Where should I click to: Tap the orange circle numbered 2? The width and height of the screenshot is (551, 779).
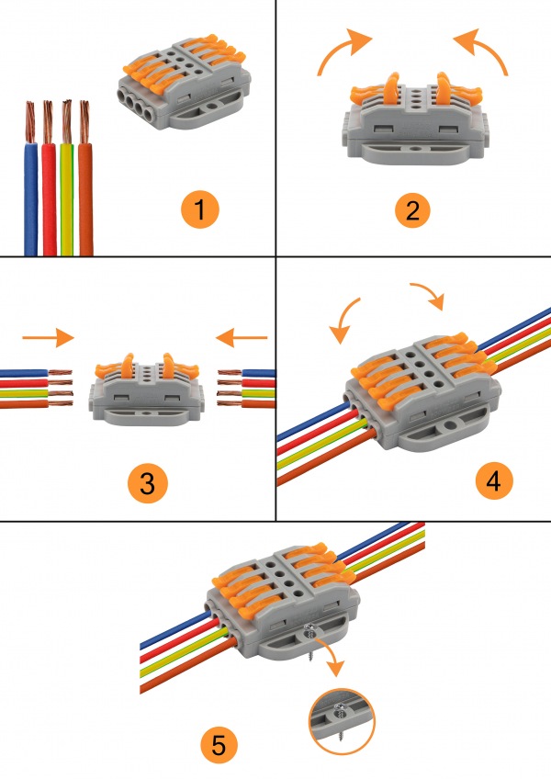pos(412,209)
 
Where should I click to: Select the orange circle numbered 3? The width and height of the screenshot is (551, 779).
pos(148,483)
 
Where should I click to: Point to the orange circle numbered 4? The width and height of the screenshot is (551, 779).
pos(494,481)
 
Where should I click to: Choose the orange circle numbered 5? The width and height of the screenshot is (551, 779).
pos(219,745)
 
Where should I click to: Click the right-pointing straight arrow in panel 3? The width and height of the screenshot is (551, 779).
pos(48,337)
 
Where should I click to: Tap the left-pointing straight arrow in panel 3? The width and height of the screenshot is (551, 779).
pos(242,337)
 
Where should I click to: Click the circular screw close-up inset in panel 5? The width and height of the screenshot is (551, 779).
pos(342,721)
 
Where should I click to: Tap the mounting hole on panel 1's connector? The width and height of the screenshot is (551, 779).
pos(213,106)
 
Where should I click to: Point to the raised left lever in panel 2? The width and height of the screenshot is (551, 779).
pos(391,89)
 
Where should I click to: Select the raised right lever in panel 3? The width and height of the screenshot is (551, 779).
pos(170,367)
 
